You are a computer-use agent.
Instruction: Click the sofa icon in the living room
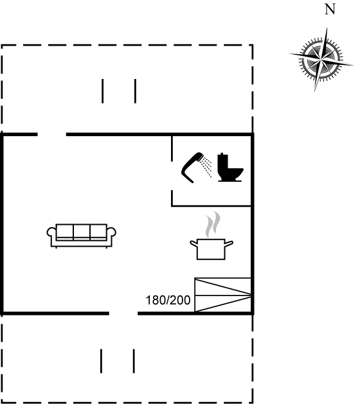click(x=81, y=236)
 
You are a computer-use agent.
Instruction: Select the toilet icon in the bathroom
click(x=230, y=167)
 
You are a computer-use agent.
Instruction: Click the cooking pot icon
click(x=212, y=249)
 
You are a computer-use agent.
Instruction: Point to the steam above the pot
click(x=213, y=224)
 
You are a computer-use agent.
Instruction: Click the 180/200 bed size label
click(x=168, y=300)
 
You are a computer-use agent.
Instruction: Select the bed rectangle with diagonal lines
click(x=223, y=295)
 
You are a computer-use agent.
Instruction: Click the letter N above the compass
click(x=330, y=9)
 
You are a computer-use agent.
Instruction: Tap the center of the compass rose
click(x=321, y=60)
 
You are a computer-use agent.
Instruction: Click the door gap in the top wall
click(x=52, y=134)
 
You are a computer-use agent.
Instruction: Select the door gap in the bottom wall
click(x=123, y=313)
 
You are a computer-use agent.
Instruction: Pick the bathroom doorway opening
click(x=172, y=176)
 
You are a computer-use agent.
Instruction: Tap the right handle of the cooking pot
click(x=229, y=243)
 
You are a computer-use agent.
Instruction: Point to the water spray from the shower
click(x=206, y=167)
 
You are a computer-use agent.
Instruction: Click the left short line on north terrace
click(x=103, y=91)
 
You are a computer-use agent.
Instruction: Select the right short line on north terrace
click(x=136, y=91)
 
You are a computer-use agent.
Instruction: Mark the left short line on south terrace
click(x=101, y=361)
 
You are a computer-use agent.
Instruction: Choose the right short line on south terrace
click(x=134, y=361)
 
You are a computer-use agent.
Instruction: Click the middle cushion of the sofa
click(x=82, y=232)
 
